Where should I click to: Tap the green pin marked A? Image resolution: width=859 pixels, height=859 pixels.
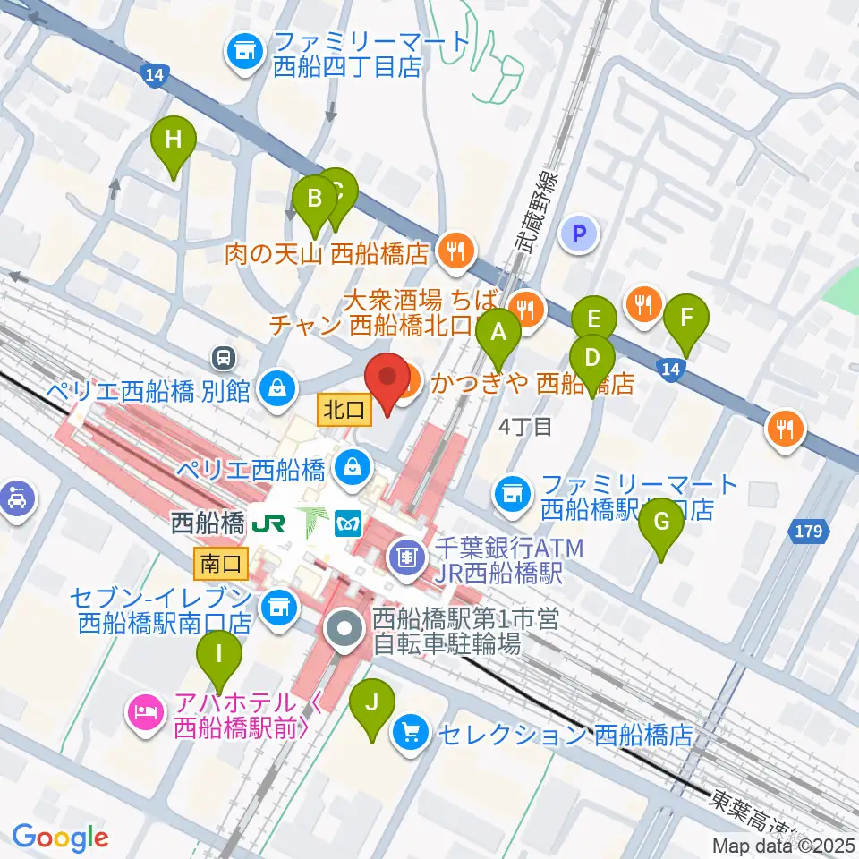click(500, 337)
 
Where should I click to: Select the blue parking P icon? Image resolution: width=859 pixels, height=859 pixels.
click(578, 234)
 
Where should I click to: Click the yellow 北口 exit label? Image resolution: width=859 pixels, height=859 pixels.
click(343, 411)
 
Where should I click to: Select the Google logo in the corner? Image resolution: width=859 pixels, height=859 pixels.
click(60, 838)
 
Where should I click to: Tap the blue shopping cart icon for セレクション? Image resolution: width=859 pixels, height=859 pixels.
click(412, 734)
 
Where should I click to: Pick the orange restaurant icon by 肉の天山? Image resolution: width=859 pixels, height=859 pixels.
click(457, 253)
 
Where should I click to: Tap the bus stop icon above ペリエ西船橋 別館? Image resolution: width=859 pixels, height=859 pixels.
click(223, 359)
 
